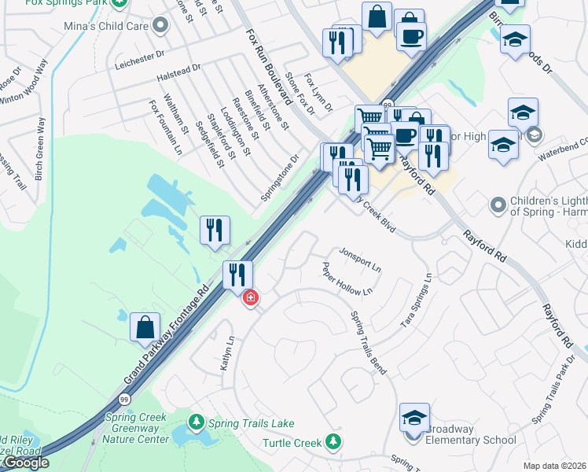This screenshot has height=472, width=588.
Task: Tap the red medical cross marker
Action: click(x=251, y=298)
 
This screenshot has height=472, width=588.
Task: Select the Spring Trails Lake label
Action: click(x=251, y=423)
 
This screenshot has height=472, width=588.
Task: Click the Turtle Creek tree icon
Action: click(x=335, y=442)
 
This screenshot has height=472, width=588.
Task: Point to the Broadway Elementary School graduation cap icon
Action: click(x=414, y=418)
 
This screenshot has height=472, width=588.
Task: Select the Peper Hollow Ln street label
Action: click(x=347, y=279)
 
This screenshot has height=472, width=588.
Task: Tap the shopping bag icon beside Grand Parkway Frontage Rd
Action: click(x=145, y=326)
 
